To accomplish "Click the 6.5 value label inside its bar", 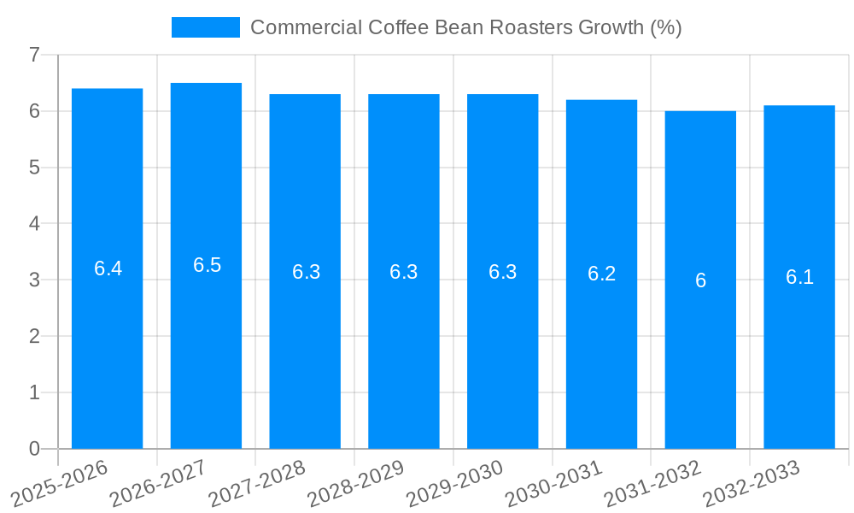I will tap(207, 265).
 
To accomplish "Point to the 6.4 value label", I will tap(108, 268).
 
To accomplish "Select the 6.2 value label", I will tap(601, 274).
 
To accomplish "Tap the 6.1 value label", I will tap(799, 277).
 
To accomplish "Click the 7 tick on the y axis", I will tap(34, 55).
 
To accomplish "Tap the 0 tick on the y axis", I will tap(34, 449).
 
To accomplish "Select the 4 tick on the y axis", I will tap(34, 224).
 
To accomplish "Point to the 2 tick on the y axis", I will tap(34, 336).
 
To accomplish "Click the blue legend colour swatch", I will tap(206, 27).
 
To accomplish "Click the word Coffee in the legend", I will tap(399, 27).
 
